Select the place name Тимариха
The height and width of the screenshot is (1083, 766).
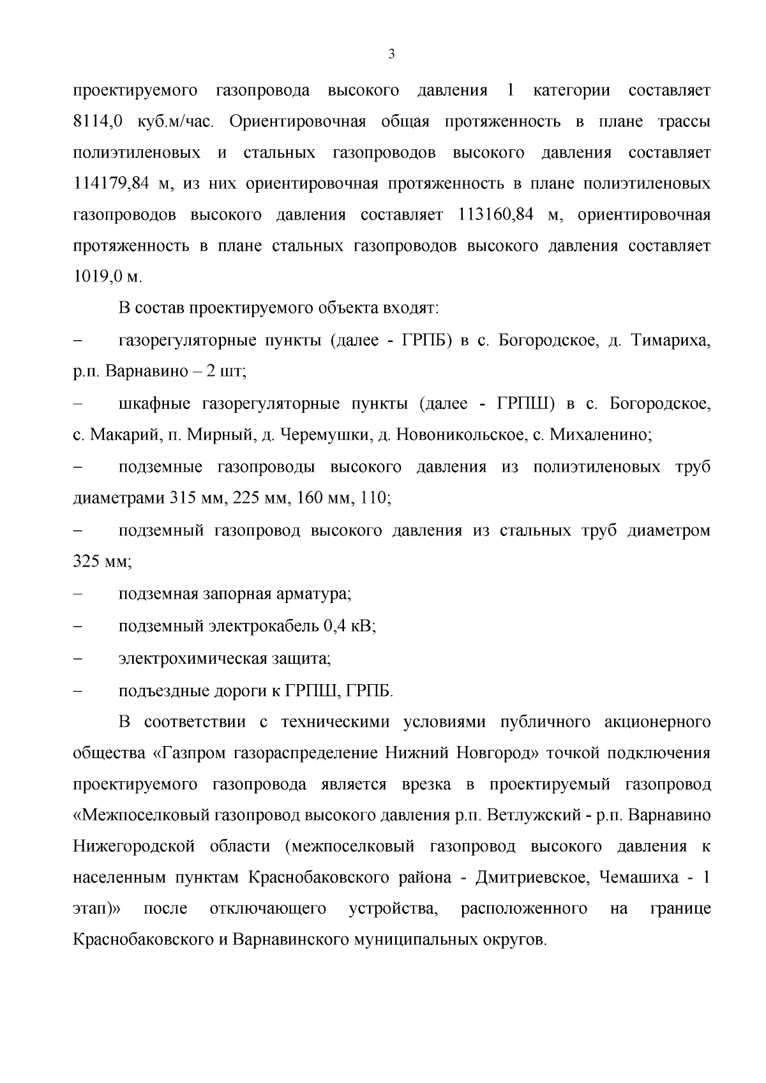(x=670, y=341)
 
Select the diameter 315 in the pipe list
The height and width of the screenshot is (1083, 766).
(x=183, y=498)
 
